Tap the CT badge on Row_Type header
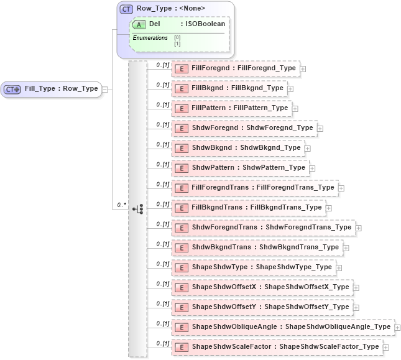pos(126,9)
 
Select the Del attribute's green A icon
pos(139,24)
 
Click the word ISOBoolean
pos(205,24)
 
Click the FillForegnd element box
pos(236,68)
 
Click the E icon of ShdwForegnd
pos(182,129)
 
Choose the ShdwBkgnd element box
pos(238,148)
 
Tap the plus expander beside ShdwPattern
pos(313,168)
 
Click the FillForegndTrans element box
pos(254,188)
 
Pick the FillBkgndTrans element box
pos(248,208)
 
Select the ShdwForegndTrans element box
pos(263,228)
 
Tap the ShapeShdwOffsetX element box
pos(262,287)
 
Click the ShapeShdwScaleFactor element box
pos(277,347)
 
